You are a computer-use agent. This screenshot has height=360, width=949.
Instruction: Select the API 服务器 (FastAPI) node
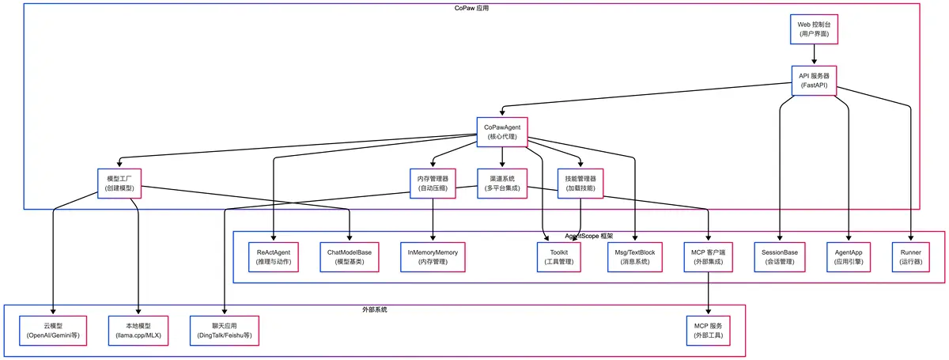pyautogui.click(x=813, y=80)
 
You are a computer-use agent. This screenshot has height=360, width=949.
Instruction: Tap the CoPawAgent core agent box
pyautogui.click(x=502, y=131)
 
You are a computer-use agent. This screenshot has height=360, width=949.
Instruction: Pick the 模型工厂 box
pyautogui.click(x=120, y=184)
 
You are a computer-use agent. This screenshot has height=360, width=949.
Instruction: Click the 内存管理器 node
pyautogui.click(x=433, y=184)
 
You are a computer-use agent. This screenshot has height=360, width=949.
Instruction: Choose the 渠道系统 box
pyautogui.click(x=502, y=184)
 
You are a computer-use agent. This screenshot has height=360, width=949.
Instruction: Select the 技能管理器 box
pyautogui.click(x=580, y=184)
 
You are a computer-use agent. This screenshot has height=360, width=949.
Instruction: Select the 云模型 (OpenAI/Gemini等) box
pyautogui.click(x=53, y=330)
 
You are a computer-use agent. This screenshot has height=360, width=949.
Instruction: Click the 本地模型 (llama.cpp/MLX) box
pyautogui.click(x=139, y=330)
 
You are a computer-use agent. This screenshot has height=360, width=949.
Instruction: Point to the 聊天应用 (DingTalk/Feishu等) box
pyautogui.click(x=225, y=330)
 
